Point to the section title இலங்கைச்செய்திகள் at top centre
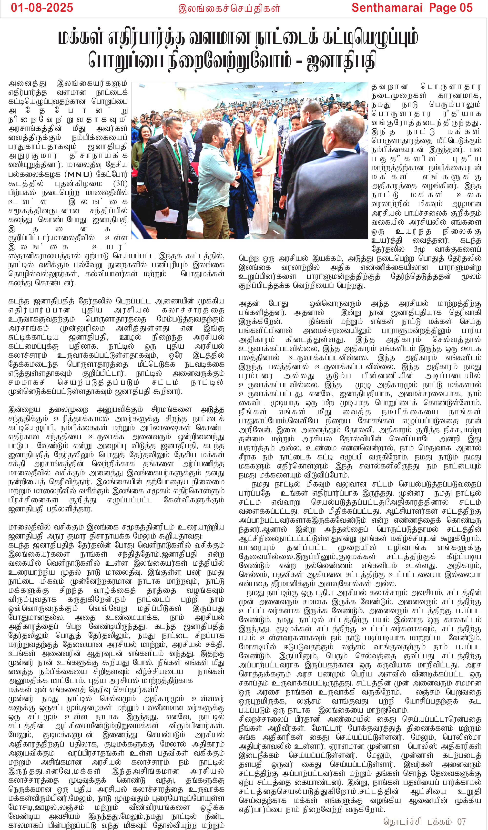tap(229, 8)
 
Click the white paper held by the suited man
tap(166, 216)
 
